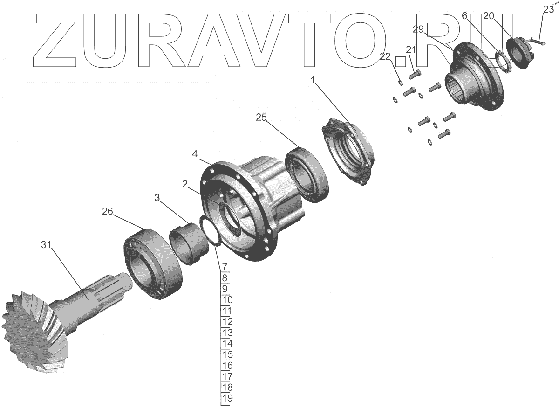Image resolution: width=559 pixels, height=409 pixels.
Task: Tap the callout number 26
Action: click(x=108, y=212)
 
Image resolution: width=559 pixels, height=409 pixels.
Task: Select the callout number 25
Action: click(x=261, y=118)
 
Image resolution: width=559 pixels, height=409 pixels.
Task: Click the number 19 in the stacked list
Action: click(x=227, y=398)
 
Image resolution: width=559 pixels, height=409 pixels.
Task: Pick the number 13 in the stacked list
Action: click(x=227, y=333)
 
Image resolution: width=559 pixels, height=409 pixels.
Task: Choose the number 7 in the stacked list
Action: click(x=225, y=267)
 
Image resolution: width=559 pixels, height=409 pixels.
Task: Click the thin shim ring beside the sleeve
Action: click(x=209, y=229)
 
